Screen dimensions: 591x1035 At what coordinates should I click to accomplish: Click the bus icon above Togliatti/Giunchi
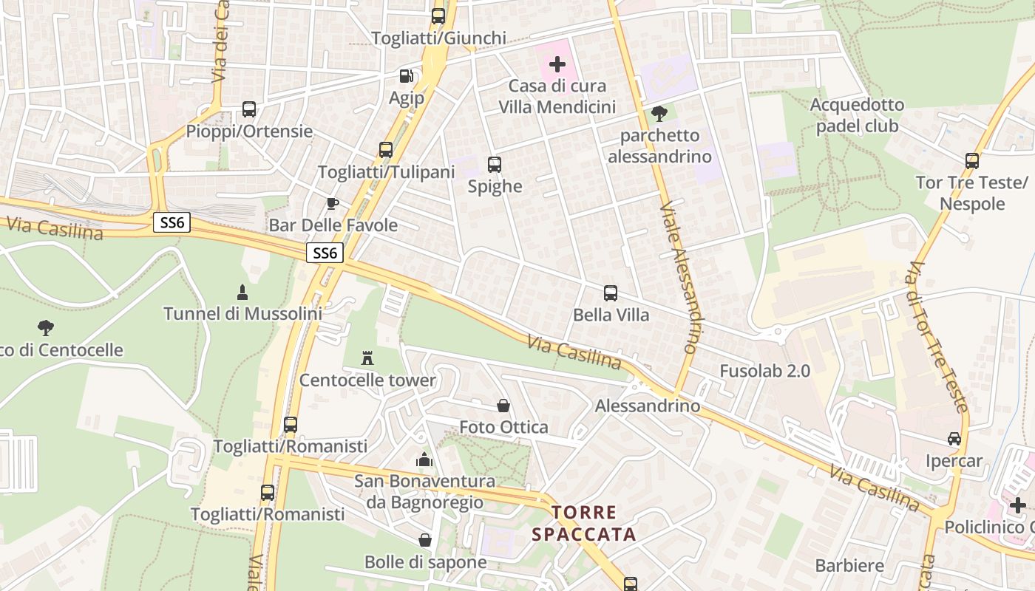(x=438, y=16)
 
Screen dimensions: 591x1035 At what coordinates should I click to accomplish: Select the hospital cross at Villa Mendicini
(x=557, y=64)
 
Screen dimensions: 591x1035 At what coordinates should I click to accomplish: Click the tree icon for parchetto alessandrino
(x=659, y=114)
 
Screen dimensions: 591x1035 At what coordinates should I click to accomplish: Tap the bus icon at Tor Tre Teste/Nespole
(x=972, y=160)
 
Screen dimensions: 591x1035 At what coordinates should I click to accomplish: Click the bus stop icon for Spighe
(x=495, y=165)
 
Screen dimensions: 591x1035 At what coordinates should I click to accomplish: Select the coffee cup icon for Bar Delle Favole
(x=333, y=203)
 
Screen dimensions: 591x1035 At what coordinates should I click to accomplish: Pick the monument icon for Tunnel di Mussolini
(x=242, y=292)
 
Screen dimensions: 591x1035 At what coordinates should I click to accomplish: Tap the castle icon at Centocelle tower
(x=367, y=358)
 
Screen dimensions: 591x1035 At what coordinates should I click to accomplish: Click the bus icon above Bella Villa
(x=611, y=293)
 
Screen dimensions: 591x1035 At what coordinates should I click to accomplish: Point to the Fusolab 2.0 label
(x=765, y=371)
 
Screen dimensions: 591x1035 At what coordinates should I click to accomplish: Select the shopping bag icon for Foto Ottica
(x=503, y=406)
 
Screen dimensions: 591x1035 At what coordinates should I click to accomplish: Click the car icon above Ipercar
(x=954, y=439)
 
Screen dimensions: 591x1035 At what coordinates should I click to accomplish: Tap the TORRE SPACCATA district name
(x=594, y=523)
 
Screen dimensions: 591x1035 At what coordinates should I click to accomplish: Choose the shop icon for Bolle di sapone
(x=425, y=540)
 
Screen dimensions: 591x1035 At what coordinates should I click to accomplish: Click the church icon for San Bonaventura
(x=424, y=460)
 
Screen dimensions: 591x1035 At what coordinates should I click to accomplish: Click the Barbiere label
(x=849, y=566)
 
